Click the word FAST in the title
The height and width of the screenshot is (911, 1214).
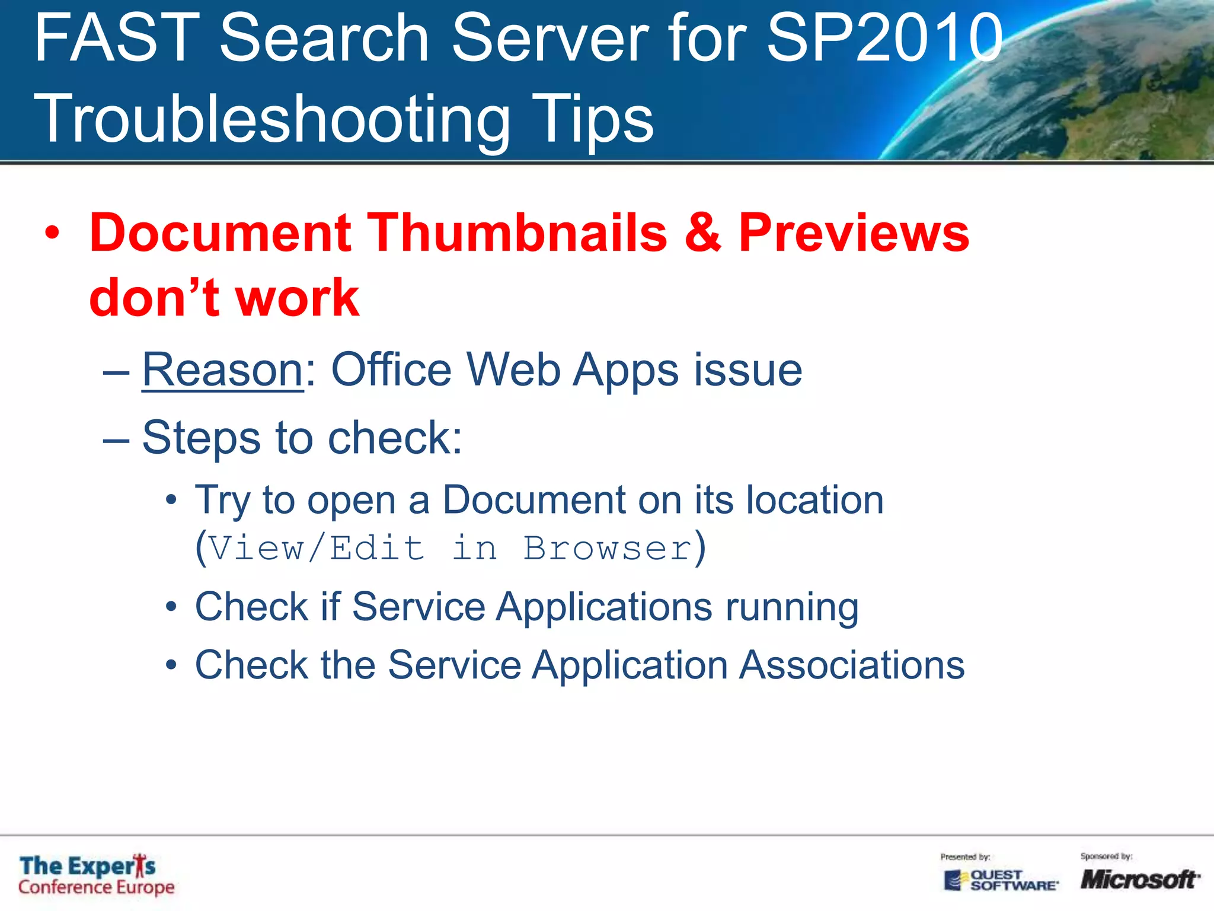coord(117,39)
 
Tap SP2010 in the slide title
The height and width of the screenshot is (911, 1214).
coord(884,39)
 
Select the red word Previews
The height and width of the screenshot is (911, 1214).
coord(854,232)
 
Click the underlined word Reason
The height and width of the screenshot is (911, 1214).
coord(223,370)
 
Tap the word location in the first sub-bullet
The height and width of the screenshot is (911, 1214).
coord(814,500)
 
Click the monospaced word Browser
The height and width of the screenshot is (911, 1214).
coord(608,548)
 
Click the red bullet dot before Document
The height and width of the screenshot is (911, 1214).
coord(52,234)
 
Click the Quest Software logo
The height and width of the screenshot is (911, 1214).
coord(1000,880)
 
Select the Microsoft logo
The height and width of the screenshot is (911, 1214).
coord(1139,879)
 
